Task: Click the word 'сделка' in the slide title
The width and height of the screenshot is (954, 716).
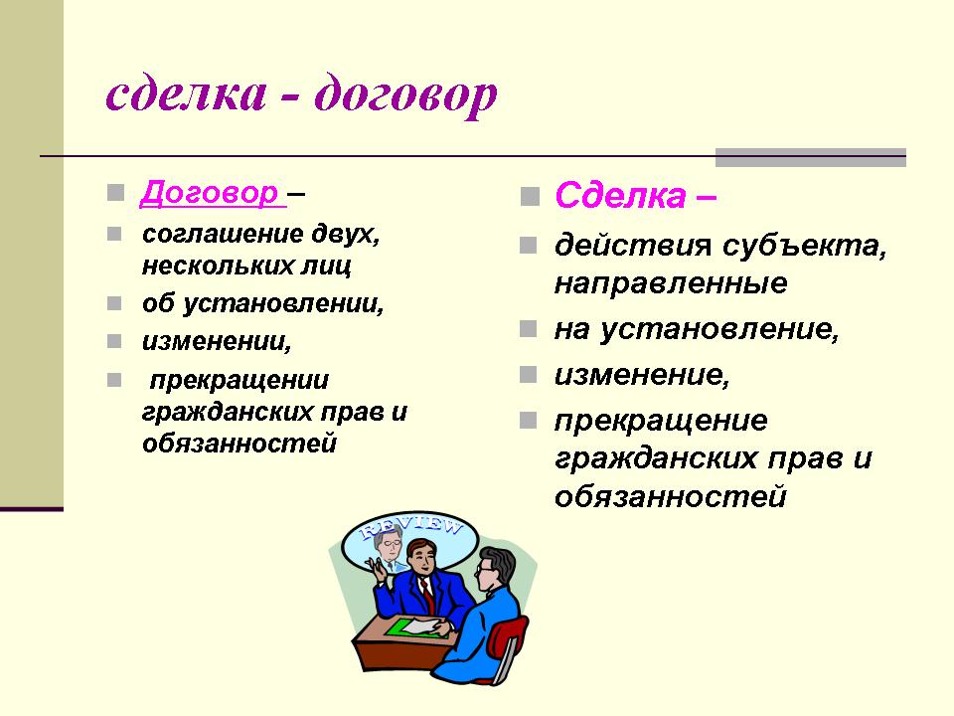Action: tap(187, 93)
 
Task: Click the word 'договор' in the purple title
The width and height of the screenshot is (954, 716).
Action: tap(406, 95)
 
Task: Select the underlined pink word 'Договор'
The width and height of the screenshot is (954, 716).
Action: tap(210, 194)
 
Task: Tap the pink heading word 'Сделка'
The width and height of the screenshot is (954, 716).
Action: tap(620, 196)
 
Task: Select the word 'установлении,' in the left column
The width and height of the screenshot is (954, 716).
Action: tap(283, 304)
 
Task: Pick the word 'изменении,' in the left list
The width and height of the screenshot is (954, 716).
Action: tap(217, 341)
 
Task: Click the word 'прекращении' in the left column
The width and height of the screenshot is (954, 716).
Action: tap(239, 381)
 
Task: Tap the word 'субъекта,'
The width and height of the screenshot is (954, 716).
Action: tap(805, 246)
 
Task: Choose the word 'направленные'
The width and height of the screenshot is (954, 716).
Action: tap(671, 284)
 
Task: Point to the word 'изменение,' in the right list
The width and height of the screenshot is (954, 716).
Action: tap(642, 375)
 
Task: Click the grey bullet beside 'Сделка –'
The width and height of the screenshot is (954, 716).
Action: tap(530, 196)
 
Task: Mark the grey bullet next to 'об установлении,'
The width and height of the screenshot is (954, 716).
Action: tap(114, 303)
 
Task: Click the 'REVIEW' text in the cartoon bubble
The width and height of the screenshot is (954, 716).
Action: tap(411, 527)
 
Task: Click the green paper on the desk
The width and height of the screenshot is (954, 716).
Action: tap(413, 627)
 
